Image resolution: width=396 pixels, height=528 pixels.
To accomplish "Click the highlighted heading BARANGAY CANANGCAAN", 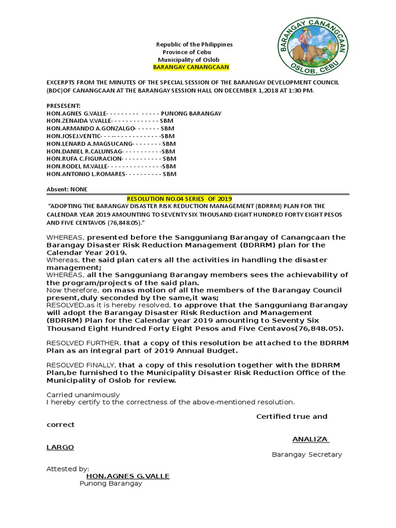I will point(191,68).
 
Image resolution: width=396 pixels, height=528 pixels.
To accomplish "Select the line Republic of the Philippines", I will point(194,44).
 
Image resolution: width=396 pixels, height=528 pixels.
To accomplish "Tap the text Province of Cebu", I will point(187,52).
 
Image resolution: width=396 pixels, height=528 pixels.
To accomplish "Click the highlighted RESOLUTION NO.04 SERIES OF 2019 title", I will point(179,199).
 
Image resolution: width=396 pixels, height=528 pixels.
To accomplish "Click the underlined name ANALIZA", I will point(310,439).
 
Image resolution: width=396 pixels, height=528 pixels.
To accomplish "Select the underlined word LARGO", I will point(60,447).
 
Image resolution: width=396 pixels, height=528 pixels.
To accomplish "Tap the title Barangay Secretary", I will point(307,454).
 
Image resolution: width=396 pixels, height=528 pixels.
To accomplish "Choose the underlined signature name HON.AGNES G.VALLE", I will point(128,476).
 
